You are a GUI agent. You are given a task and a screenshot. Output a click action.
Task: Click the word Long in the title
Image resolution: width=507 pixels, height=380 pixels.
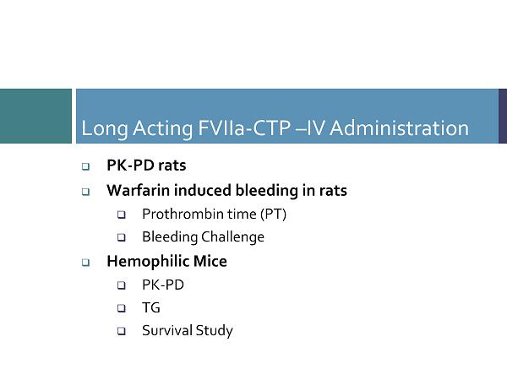(x=105, y=129)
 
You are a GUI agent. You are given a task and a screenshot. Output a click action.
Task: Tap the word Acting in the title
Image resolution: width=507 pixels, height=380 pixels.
(x=163, y=129)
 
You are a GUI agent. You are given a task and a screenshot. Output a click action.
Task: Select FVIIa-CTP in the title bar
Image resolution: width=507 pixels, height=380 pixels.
(x=244, y=128)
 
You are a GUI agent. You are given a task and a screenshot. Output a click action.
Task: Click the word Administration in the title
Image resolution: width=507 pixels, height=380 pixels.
(x=399, y=128)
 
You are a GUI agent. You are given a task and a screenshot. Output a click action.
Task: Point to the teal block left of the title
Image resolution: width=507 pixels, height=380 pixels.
(x=35, y=116)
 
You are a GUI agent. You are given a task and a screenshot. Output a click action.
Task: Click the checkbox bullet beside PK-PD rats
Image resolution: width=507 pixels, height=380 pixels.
(x=85, y=166)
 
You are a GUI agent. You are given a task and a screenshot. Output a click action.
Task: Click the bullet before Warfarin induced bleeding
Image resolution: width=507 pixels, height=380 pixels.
(x=85, y=192)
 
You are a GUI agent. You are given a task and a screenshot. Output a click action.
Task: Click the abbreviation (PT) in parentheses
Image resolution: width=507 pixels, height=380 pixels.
(x=274, y=214)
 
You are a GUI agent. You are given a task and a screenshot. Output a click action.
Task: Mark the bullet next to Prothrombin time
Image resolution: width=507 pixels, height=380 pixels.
(x=122, y=214)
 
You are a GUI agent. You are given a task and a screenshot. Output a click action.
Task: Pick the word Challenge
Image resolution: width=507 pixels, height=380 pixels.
(x=233, y=236)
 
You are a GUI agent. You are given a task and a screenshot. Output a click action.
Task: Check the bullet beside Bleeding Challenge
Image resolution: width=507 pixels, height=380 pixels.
(x=122, y=237)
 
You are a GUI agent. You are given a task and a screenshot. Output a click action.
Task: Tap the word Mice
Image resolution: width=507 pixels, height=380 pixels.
(x=210, y=261)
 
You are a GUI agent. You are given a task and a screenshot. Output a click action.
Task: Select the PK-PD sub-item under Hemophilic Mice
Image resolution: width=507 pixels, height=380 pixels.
(x=163, y=285)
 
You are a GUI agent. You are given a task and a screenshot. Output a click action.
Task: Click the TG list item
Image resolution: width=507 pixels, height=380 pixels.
(x=151, y=307)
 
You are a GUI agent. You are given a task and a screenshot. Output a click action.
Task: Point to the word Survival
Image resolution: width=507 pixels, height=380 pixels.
(x=166, y=330)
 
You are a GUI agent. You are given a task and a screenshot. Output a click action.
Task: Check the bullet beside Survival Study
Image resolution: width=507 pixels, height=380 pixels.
(x=122, y=331)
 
